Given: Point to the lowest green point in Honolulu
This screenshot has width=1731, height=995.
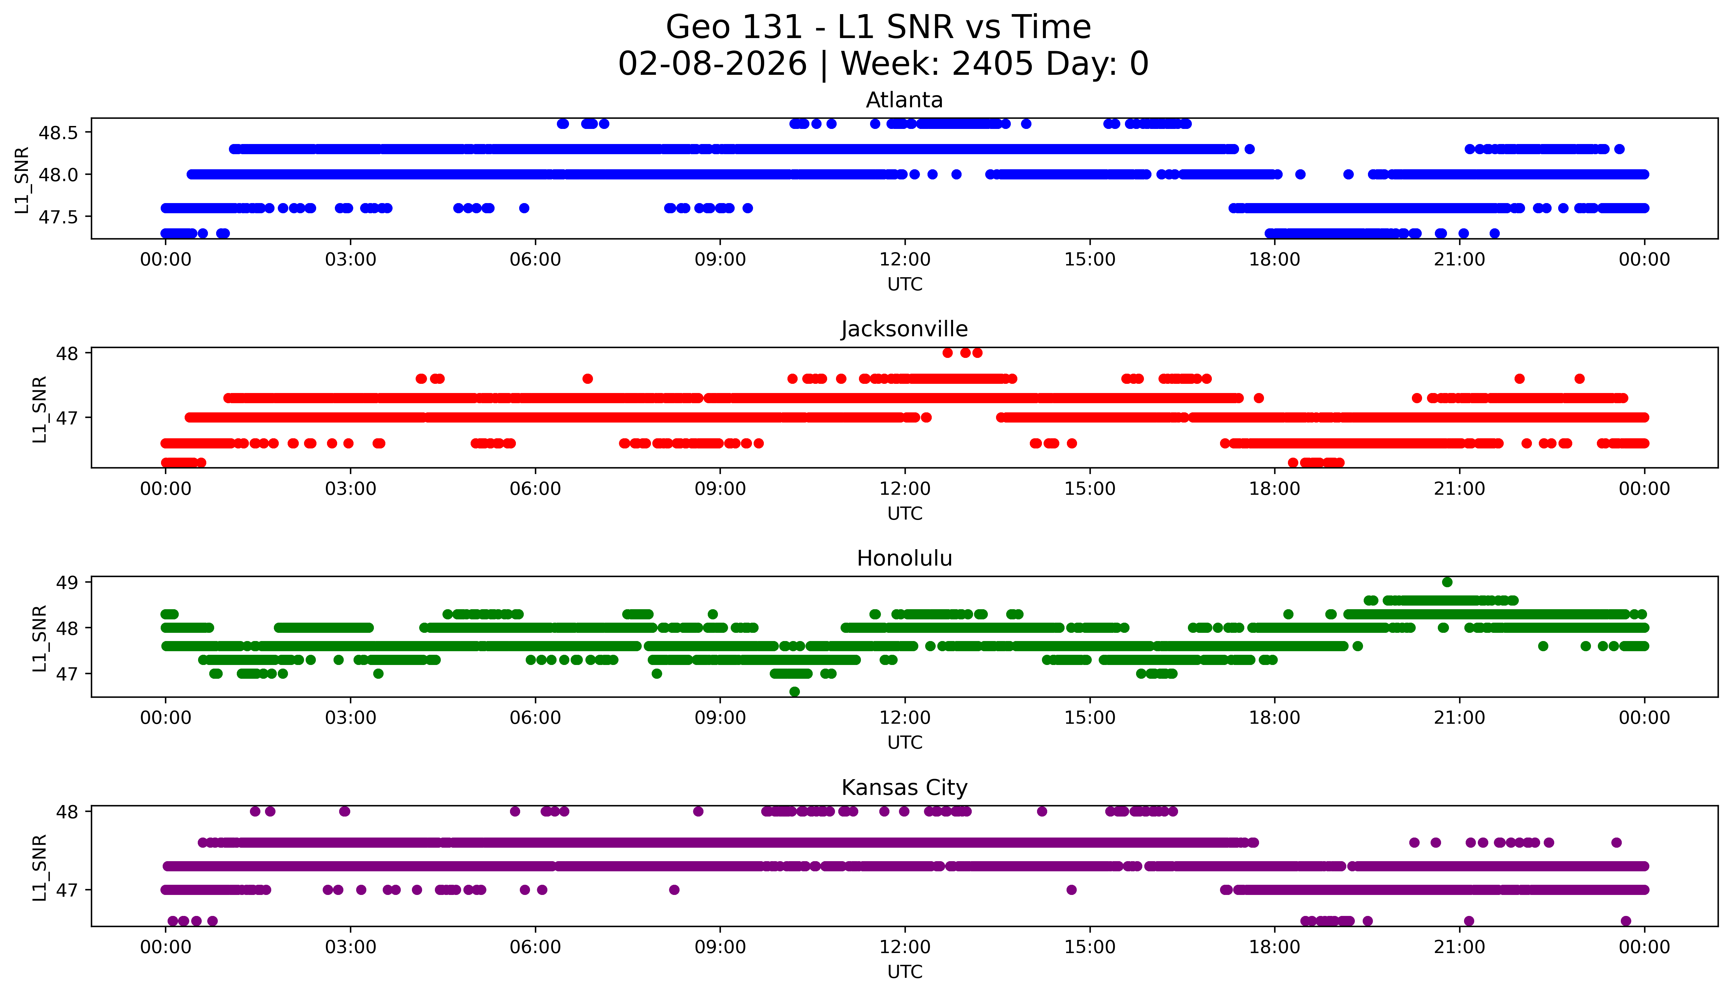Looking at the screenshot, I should (x=794, y=692).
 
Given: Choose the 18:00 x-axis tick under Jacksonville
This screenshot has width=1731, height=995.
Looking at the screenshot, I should (x=1275, y=488).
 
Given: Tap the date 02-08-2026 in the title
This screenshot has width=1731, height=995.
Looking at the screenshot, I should (x=712, y=64).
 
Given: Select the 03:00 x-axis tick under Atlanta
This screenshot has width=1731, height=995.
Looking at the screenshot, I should (x=351, y=260).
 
